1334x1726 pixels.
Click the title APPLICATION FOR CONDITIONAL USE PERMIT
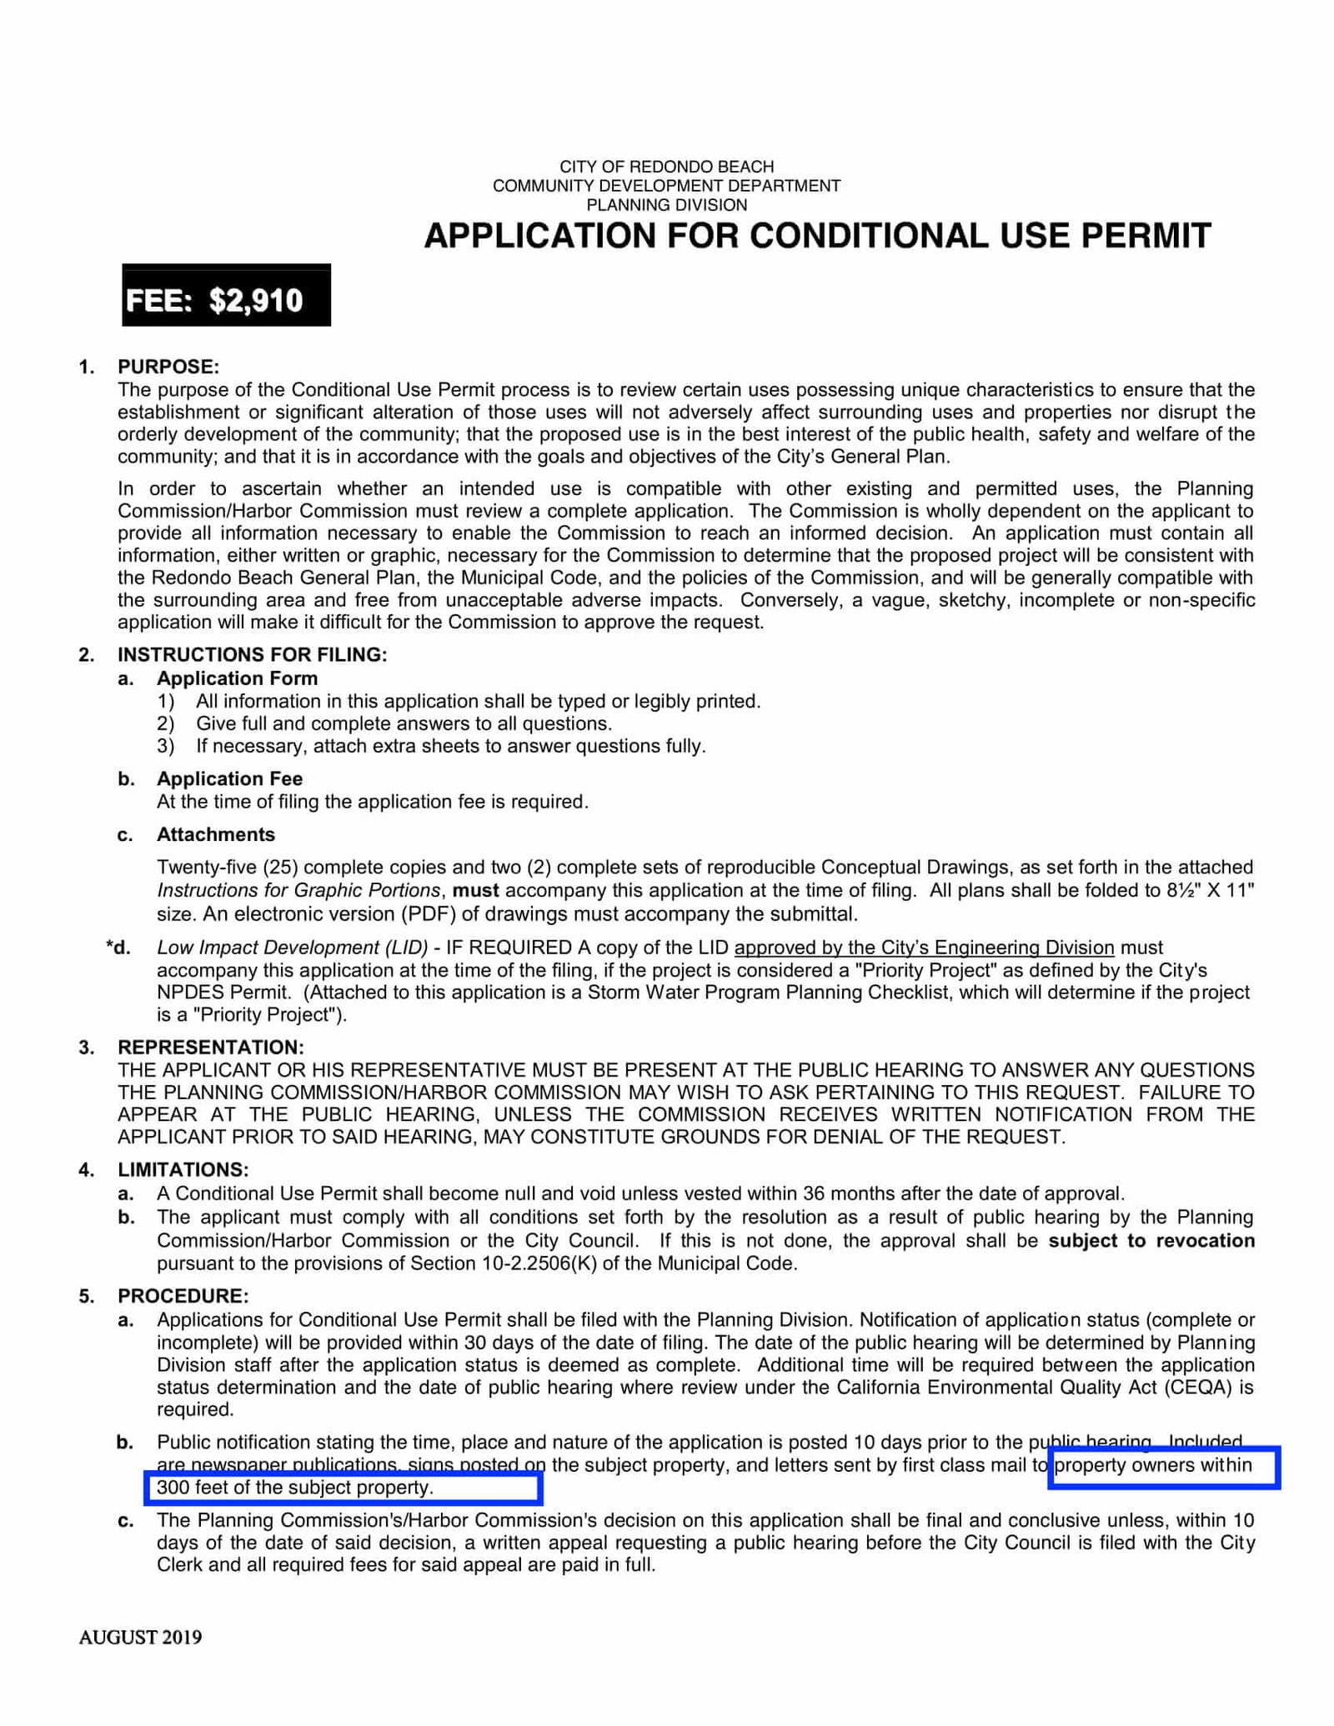pyautogui.click(x=817, y=236)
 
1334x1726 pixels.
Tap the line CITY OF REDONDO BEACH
pyautogui.click(x=666, y=167)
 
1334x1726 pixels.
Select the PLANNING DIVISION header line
pyautogui.click(x=666, y=205)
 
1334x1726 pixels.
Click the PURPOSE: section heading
pyautogui.click(x=168, y=367)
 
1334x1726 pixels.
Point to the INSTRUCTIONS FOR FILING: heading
pyautogui.click(x=252, y=654)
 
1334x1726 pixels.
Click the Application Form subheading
pyautogui.click(x=237, y=678)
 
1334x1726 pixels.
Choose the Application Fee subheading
pyautogui.click(x=229, y=778)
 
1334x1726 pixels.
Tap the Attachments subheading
pyautogui.click(x=215, y=834)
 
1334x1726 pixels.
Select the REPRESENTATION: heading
pyautogui.click(x=210, y=1047)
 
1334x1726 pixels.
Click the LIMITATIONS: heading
pyautogui.click(x=183, y=1170)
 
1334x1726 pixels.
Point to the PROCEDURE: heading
pyautogui.click(x=183, y=1296)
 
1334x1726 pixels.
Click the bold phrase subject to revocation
pyautogui.click(x=1151, y=1240)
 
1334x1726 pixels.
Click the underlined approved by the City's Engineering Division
pyautogui.click(x=924, y=948)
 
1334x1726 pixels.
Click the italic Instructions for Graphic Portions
pyautogui.click(x=298, y=890)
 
